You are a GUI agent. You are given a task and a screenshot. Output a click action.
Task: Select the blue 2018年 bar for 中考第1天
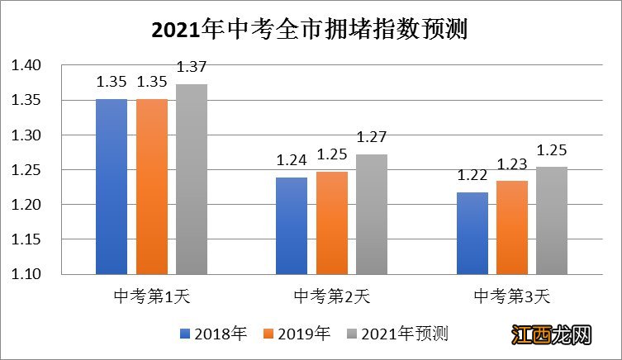(x=112, y=186)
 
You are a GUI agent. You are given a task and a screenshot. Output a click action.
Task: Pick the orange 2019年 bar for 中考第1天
(x=152, y=186)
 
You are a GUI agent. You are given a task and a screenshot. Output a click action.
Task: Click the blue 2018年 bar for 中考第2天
(x=291, y=225)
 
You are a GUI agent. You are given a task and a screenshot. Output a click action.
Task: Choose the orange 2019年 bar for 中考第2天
(x=331, y=222)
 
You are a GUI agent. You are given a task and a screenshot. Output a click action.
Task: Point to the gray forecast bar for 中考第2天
(x=372, y=214)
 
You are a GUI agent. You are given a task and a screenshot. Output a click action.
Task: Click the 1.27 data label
(x=372, y=137)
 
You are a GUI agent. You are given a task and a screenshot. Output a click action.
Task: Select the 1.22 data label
(x=472, y=176)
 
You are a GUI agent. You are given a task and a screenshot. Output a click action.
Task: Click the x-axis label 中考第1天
(x=152, y=295)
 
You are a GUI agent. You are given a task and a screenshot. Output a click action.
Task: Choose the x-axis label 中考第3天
(x=511, y=295)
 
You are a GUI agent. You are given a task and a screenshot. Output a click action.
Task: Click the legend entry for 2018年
(x=213, y=334)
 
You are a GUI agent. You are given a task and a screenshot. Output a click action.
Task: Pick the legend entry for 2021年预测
(x=396, y=334)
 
